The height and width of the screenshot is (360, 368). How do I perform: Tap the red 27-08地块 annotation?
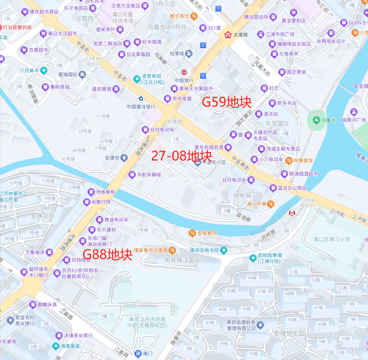[x=182, y=156]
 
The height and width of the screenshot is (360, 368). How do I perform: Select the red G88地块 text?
[x=107, y=254]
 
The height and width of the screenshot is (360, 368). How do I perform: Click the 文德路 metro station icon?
[x=228, y=35]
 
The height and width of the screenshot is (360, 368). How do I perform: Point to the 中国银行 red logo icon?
[x=184, y=72]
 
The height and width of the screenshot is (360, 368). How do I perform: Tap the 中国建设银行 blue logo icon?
[x=141, y=99]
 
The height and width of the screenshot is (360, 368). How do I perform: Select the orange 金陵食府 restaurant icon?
[x=192, y=233]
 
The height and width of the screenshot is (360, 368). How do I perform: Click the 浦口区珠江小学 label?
[x=331, y=239]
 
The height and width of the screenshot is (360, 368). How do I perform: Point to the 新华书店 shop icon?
[x=272, y=103]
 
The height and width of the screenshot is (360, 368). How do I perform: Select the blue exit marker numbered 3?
[x=203, y=76]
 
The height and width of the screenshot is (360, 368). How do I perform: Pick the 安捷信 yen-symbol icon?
[x=124, y=158]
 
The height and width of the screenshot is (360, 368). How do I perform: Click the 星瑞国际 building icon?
[x=82, y=74]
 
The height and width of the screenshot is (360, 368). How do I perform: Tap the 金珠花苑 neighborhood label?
[x=43, y=216]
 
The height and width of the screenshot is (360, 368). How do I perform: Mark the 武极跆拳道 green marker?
[x=253, y=258]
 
